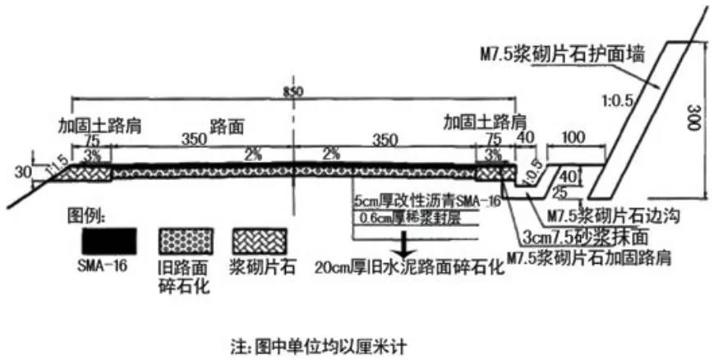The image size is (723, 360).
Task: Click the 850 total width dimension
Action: [287, 90]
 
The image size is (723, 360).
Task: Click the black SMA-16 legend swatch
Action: [108, 238]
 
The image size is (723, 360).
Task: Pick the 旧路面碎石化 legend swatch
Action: [185, 239]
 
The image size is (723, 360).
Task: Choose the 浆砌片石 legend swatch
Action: [260, 239]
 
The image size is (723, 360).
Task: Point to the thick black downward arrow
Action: [403, 243]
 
